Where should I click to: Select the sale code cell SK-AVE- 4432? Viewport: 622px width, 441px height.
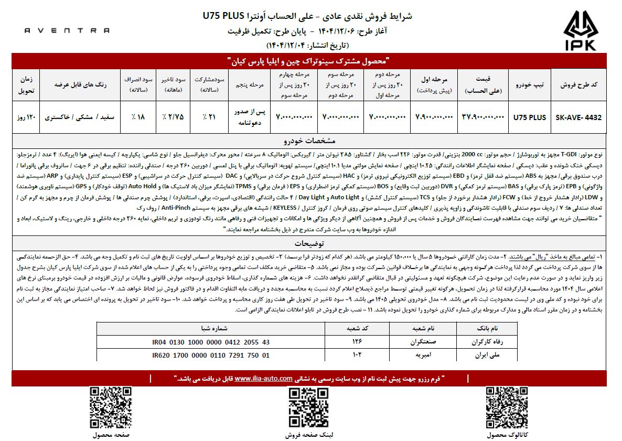coord(578,117)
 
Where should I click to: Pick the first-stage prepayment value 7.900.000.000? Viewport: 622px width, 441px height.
coord(435,117)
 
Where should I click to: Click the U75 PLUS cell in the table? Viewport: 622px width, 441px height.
coord(530,117)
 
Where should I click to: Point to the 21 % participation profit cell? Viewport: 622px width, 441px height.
coord(208,117)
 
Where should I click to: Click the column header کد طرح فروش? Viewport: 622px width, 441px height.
coord(578,84)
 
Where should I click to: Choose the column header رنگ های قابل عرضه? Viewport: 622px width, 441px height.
coord(82,84)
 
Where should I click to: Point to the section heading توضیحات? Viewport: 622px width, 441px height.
coord(311,244)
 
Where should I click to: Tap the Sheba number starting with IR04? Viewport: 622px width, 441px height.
coord(211,342)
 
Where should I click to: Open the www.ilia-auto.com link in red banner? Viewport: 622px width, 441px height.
coord(263,378)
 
